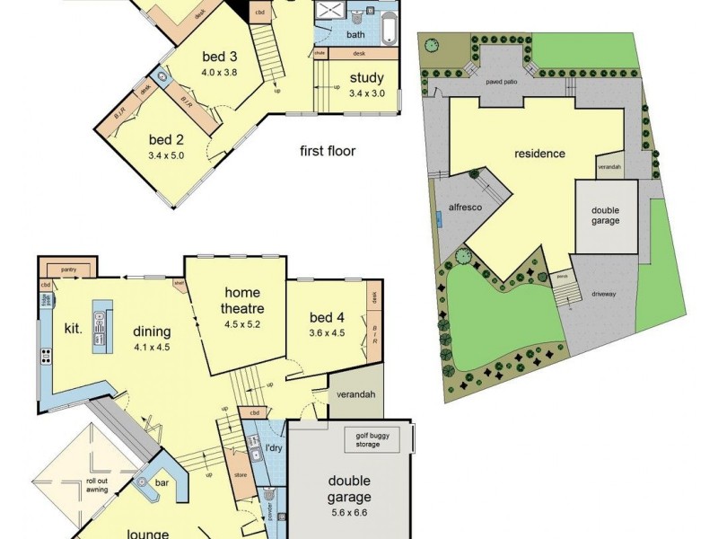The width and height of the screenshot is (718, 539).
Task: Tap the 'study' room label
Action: tap(366, 77)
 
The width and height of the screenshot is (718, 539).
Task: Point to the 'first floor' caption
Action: tap(328, 151)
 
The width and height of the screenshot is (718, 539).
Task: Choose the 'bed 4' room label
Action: tap(327, 317)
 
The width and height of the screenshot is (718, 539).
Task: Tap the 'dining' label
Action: tap(152, 330)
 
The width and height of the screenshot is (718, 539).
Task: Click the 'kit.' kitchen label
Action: tap(73, 329)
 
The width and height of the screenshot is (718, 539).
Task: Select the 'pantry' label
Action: tap(67, 269)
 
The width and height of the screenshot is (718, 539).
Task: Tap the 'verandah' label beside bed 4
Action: tap(356, 395)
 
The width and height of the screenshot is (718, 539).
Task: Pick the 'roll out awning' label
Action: tap(96, 486)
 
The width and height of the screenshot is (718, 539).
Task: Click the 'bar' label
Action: tap(162, 483)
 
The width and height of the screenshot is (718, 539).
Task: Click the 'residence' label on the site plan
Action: tap(539, 154)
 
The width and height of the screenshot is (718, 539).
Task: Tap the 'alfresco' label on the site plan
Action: tap(465, 208)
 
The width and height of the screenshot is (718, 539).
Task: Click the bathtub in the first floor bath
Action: tap(388, 28)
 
